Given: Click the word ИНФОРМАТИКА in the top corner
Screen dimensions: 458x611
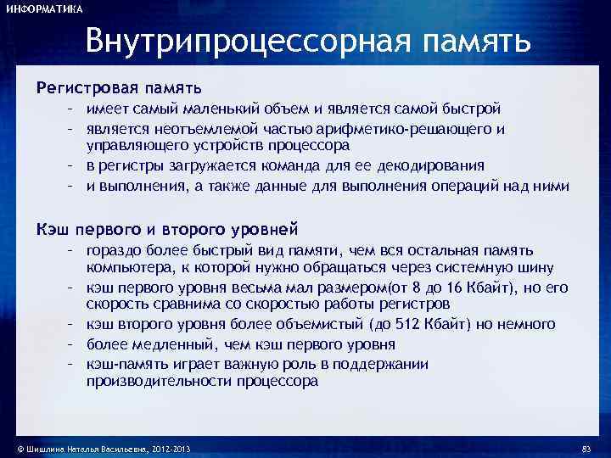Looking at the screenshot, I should [45, 9].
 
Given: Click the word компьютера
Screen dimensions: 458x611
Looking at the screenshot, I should [125, 268].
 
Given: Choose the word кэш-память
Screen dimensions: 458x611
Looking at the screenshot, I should [120, 363].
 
